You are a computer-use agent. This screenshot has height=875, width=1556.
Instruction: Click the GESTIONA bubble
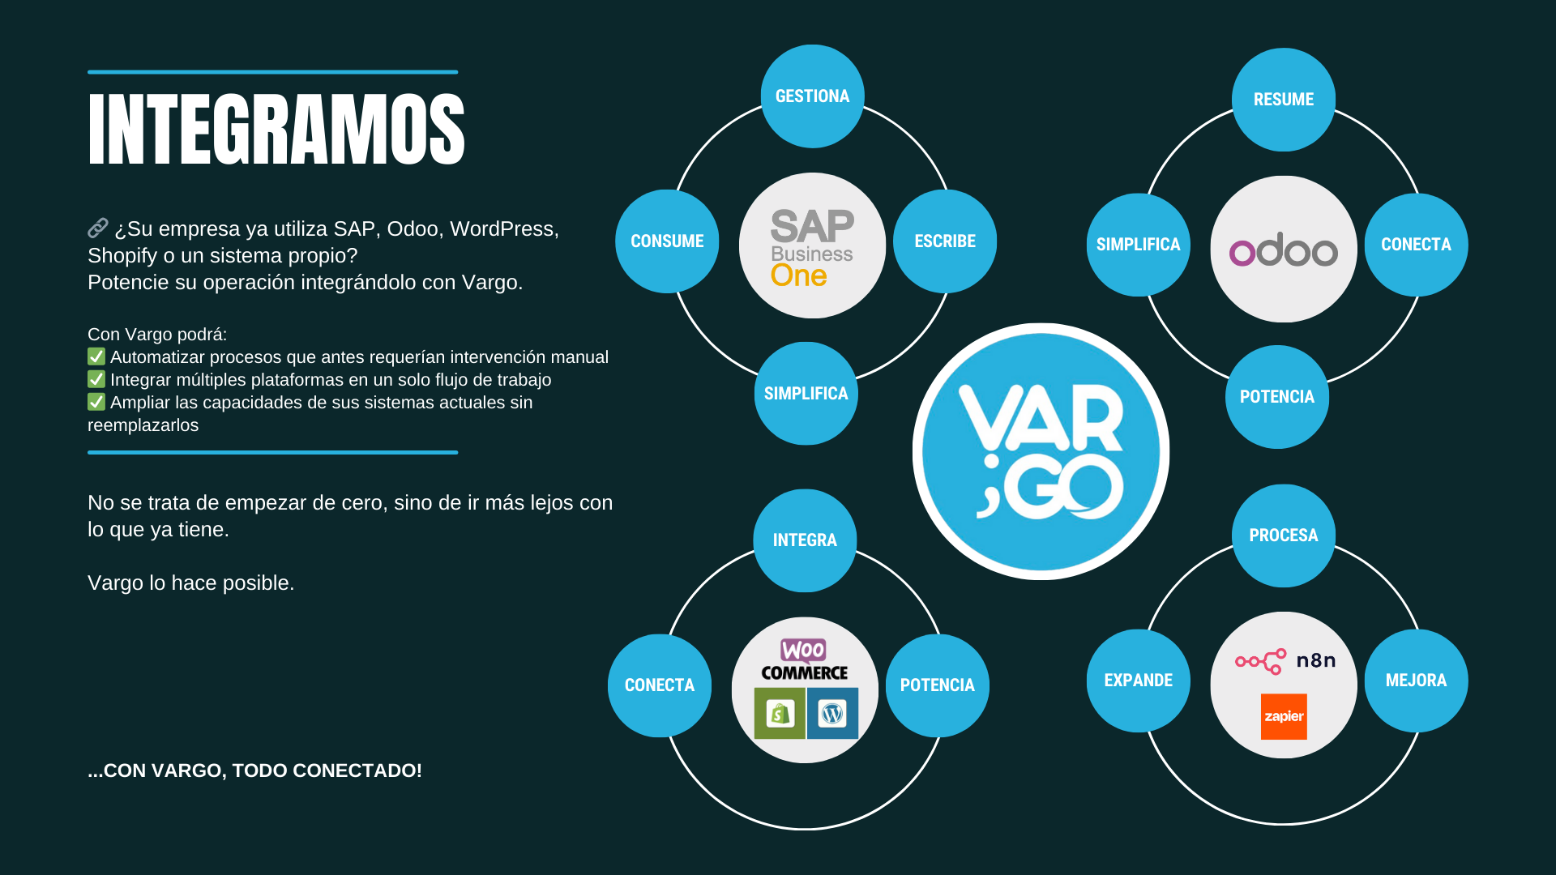coord(812,96)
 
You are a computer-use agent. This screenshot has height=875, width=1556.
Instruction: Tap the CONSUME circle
coord(667,241)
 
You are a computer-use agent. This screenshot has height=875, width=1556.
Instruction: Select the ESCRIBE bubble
coord(945,241)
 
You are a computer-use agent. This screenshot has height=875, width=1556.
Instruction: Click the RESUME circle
coord(1284,100)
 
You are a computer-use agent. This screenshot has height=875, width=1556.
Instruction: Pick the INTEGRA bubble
coord(805,540)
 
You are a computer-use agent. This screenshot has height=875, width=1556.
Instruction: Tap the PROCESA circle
coord(1284,536)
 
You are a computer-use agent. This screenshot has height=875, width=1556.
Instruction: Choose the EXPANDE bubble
coord(1139,681)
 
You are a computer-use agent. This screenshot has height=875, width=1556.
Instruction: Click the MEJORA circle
coord(1417,681)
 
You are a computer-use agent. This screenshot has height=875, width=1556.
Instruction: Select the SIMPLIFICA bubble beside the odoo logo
coord(1139,245)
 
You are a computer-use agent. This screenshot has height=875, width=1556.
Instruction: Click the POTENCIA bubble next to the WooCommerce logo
coord(938,685)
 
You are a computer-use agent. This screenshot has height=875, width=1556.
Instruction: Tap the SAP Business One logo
coord(812,248)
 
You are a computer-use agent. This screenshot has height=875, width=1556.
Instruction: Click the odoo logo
coord(1284,250)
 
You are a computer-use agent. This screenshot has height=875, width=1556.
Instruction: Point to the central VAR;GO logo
coord(1041,451)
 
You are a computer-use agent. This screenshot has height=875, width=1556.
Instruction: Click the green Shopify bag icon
coord(780,714)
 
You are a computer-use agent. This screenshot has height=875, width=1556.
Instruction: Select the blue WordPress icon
coord(832,714)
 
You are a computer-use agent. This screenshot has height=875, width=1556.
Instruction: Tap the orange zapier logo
coord(1284,716)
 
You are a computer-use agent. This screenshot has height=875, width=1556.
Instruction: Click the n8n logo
coord(1285,661)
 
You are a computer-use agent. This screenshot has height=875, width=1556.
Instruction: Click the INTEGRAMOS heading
coord(276,129)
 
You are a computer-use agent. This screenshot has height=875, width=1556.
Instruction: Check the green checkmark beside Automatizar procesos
coord(96,356)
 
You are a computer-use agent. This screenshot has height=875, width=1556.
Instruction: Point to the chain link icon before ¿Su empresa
coord(98,228)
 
